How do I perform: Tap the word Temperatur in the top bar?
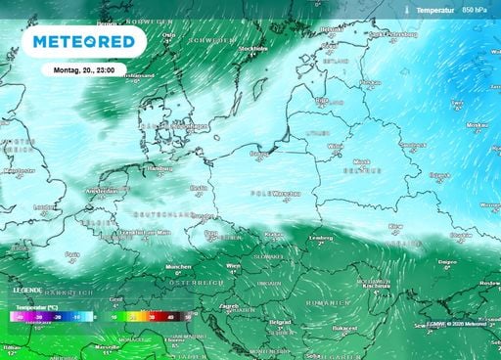pos(436,8)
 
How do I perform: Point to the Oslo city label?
pos(168,34)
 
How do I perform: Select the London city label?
pos(44,206)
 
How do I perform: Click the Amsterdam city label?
pos(102,191)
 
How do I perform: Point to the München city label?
pos(177,266)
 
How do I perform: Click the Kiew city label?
pos(395,225)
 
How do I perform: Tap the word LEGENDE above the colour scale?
pos(27,290)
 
